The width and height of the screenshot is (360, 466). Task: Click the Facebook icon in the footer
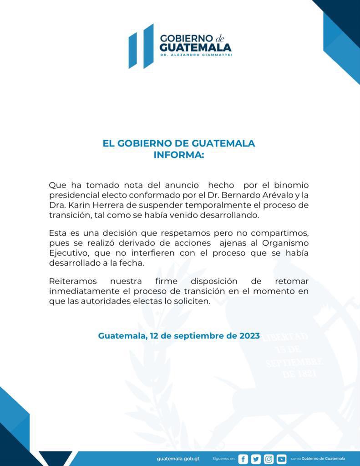coord(243,459)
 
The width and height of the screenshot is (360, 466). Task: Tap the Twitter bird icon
coord(256,459)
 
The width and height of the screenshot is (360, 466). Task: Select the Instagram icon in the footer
coord(269,459)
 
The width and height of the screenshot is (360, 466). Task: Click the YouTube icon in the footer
coord(282,459)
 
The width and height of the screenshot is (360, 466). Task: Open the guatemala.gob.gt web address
coord(178,459)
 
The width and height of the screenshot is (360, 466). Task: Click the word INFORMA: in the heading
coord(179,155)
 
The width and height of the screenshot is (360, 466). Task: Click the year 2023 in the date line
coord(246,336)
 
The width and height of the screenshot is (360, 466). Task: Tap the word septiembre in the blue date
coord(194,336)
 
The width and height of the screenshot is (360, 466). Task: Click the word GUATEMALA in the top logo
coord(196,47)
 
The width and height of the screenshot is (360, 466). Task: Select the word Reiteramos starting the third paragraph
coord(73,282)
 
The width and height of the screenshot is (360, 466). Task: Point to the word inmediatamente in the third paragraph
coord(81,291)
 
